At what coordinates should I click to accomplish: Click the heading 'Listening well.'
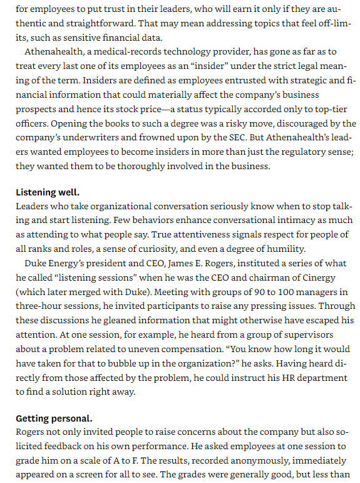(48, 192)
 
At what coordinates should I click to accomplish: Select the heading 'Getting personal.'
(54, 418)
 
